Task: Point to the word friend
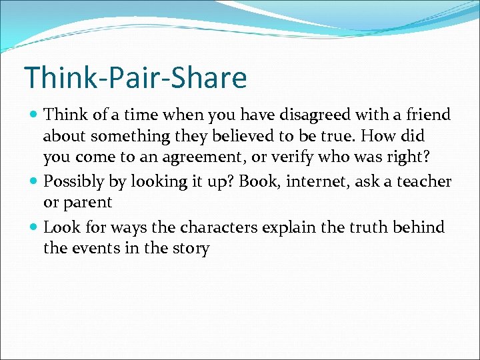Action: (x=425, y=115)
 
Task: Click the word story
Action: (x=190, y=249)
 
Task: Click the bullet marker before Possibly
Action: (x=33, y=181)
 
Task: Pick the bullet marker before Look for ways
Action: (x=33, y=227)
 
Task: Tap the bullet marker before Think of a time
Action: (x=33, y=115)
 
